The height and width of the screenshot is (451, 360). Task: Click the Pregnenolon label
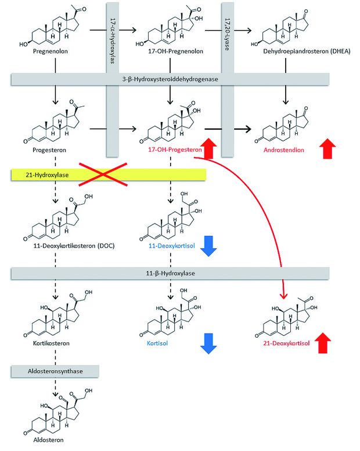click(x=51, y=52)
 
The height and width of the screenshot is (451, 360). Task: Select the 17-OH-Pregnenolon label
click(x=175, y=52)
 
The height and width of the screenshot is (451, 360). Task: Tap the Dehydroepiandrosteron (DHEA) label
click(x=307, y=52)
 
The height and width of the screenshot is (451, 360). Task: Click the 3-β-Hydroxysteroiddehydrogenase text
click(x=170, y=79)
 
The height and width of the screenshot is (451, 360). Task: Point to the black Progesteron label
click(x=49, y=150)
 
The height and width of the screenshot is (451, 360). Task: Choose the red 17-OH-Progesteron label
click(x=175, y=149)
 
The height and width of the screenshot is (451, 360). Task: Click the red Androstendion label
click(x=283, y=150)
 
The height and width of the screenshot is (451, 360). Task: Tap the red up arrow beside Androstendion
click(x=327, y=148)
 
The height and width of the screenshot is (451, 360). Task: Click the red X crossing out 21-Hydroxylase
click(x=103, y=174)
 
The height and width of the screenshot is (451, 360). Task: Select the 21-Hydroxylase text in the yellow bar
click(x=47, y=175)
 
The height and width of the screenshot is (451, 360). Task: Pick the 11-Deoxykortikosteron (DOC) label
click(x=74, y=246)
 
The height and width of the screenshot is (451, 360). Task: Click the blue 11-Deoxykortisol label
click(x=171, y=246)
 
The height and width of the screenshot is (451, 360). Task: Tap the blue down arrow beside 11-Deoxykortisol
click(x=208, y=246)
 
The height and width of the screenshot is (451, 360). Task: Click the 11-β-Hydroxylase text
click(x=170, y=273)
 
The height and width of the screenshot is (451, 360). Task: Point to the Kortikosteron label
click(x=51, y=343)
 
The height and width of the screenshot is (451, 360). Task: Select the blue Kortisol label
click(x=157, y=343)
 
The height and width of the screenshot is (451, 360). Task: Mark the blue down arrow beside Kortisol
click(x=208, y=343)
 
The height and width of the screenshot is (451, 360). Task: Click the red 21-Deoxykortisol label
click(x=286, y=343)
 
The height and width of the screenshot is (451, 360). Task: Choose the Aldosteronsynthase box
click(x=55, y=371)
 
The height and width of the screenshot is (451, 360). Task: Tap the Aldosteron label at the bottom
click(x=48, y=440)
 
